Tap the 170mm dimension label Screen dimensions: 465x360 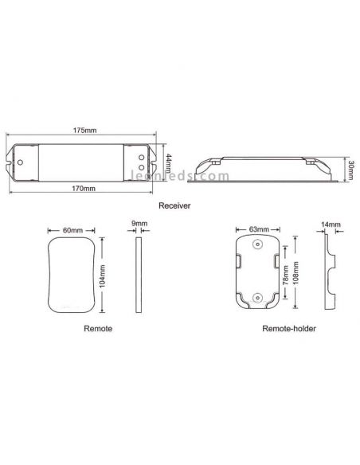(84, 189)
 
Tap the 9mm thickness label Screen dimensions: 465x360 (139, 225)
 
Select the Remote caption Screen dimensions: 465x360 (97, 327)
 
